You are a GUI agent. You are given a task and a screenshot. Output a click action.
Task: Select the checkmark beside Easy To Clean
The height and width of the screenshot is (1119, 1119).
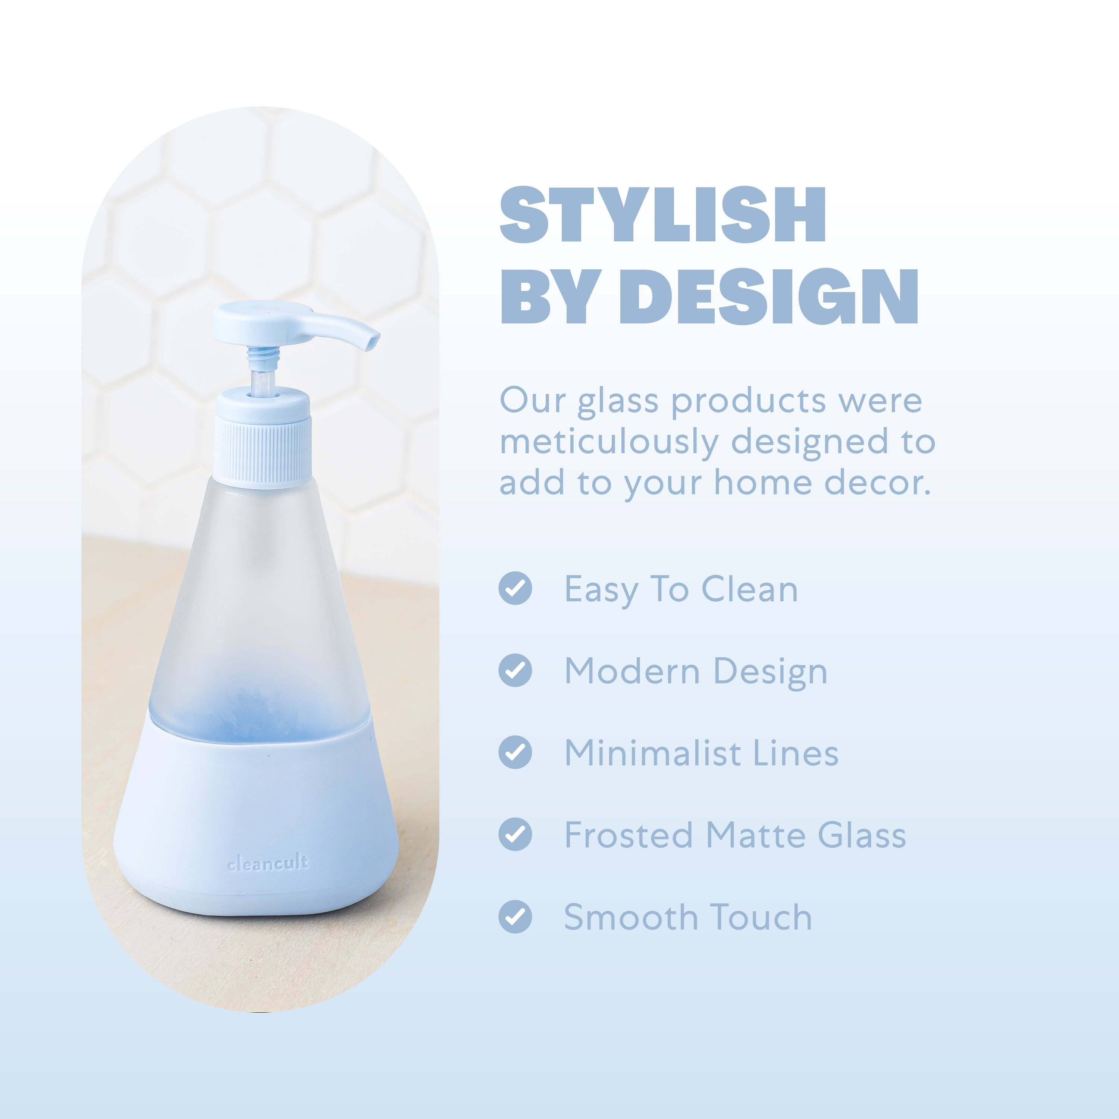(x=515, y=589)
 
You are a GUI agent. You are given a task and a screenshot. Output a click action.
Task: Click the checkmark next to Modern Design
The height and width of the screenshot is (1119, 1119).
(x=515, y=670)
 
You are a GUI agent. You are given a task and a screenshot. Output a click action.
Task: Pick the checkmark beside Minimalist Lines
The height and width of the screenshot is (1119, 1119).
(x=515, y=752)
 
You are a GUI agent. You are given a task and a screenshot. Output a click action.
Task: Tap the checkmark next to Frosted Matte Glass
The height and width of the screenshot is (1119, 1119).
(x=515, y=835)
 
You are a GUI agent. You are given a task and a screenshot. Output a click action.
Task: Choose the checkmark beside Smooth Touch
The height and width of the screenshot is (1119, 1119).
(x=515, y=917)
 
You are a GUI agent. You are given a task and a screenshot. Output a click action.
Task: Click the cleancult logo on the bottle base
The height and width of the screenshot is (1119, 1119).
(x=267, y=863)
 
